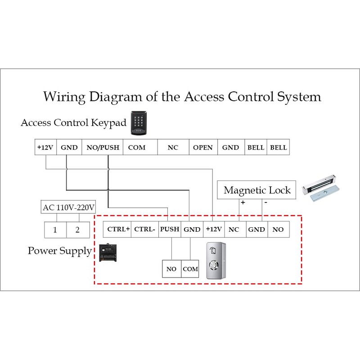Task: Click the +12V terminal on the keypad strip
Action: [45, 148]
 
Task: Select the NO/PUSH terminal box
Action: [103, 148]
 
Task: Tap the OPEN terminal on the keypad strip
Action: [203, 148]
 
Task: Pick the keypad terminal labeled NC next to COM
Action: [173, 148]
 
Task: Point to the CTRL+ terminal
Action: [118, 229]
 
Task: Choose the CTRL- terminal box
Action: [145, 229]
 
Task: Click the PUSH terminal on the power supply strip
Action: [170, 229]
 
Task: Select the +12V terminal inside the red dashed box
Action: [214, 229]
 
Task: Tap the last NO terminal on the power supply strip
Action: [278, 229]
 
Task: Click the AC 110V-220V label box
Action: [69, 207]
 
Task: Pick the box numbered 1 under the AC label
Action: [55, 229]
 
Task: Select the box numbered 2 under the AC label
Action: [77, 229]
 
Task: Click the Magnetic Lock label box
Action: [257, 190]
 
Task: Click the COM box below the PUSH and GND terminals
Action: [190, 269]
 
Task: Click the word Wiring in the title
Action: [65, 97]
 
